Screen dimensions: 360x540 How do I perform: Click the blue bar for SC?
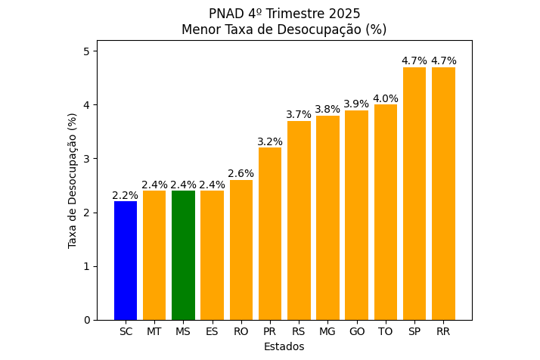tap(126, 260)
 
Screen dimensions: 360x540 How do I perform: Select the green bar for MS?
tap(183, 255)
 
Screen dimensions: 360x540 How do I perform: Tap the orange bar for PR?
tap(270, 234)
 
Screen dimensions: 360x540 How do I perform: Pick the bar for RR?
tap(443, 194)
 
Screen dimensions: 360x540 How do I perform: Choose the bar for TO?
tap(386, 212)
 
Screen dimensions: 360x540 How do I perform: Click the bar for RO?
tap(241, 250)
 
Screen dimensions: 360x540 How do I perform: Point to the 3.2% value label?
tap(270, 141)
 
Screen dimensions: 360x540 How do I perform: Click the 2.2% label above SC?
tap(126, 195)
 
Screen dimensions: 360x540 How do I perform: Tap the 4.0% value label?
tap(386, 98)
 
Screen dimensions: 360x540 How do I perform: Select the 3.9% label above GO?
tap(356, 104)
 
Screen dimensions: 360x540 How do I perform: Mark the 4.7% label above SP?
tap(414, 61)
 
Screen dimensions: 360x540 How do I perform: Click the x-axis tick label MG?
tap(327, 331)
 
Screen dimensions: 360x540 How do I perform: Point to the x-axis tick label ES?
tap(212, 331)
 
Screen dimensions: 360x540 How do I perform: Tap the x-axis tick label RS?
tap(299, 331)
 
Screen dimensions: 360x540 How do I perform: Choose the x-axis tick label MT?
tap(154, 331)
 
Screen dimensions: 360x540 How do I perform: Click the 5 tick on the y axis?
tap(86, 51)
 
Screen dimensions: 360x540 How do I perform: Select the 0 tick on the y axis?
tap(86, 320)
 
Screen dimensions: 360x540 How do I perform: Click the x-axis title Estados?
tap(284, 346)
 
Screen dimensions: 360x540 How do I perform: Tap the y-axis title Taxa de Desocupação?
tap(73, 180)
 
